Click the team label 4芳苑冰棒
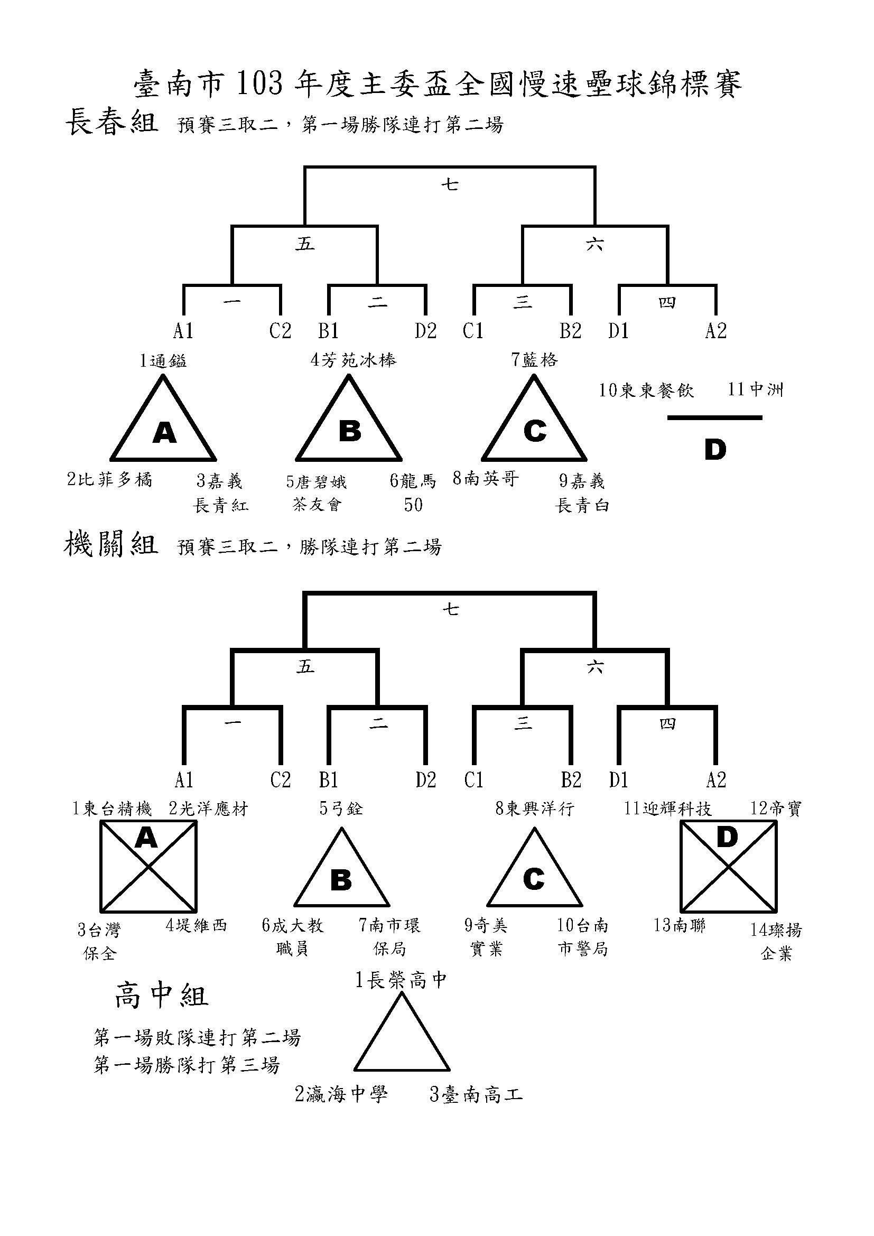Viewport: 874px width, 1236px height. (354, 360)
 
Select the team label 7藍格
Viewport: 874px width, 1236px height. (534, 360)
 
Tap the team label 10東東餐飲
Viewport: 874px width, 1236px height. (646, 390)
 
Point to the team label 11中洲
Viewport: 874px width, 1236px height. (756, 389)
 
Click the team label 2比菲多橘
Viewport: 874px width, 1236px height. (110, 479)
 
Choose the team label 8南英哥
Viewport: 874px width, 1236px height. (486, 478)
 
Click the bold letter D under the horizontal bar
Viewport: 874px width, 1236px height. (715, 450)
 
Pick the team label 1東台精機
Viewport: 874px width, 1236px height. (113, 808)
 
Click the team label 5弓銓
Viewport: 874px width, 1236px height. (341, 808)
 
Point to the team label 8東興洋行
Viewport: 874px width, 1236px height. (535, 808)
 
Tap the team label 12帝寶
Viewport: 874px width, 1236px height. (776, 808)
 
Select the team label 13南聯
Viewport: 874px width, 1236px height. (680, 925)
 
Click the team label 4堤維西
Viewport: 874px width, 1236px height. (197, 925)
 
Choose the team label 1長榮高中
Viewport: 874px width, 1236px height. (401, 980)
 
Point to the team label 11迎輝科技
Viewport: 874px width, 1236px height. (668, 808)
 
